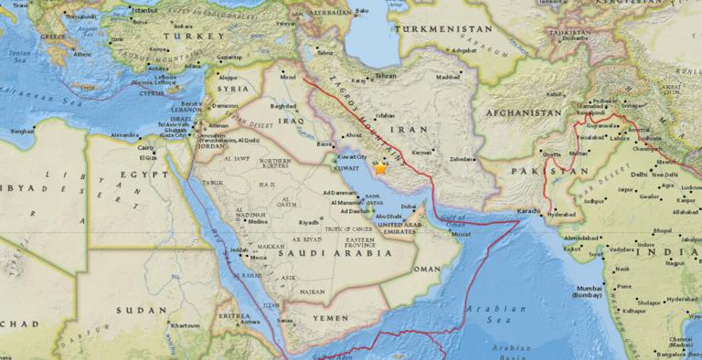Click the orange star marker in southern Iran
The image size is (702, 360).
pyautogui.click(x=379, y=168)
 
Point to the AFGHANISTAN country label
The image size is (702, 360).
pyautogui.click(x=518, y=112)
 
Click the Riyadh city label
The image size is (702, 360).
pyautogui.click(x=309, y=222)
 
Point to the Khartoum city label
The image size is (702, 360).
pyautogui.click(x=185, y=325)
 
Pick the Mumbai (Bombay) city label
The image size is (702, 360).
pyautogui.click(x=589, y=291)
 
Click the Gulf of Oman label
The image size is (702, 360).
pyautogui.click(x=458, y=213)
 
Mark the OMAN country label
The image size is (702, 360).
pyautogui.click(x=426, y=270)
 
